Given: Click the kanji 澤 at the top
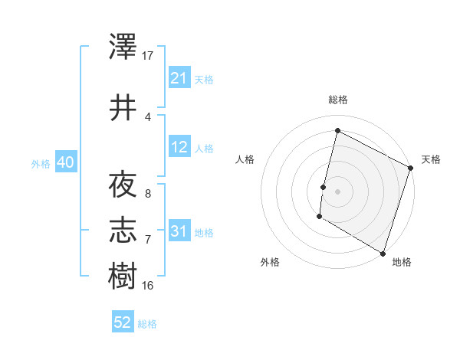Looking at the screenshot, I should pos(123,47).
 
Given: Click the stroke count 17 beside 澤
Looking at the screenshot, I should pos(148,56).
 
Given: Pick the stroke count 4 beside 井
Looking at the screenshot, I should pos(148,116).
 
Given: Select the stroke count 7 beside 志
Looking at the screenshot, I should pos(148,240).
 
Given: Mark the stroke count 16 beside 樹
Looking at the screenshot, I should pos(148,285).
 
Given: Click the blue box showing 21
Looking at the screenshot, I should pos(179,78).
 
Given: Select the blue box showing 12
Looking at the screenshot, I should pos(179,147).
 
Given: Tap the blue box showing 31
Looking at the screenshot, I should pos(179,231).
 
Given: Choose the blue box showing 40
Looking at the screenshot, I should pos(65,162).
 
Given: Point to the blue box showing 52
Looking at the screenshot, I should pos(123,322).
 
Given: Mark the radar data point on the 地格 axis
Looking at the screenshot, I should pos(383,253).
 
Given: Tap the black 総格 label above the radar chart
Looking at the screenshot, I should pos(337,100).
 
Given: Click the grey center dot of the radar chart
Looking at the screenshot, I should pos(337,191).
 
